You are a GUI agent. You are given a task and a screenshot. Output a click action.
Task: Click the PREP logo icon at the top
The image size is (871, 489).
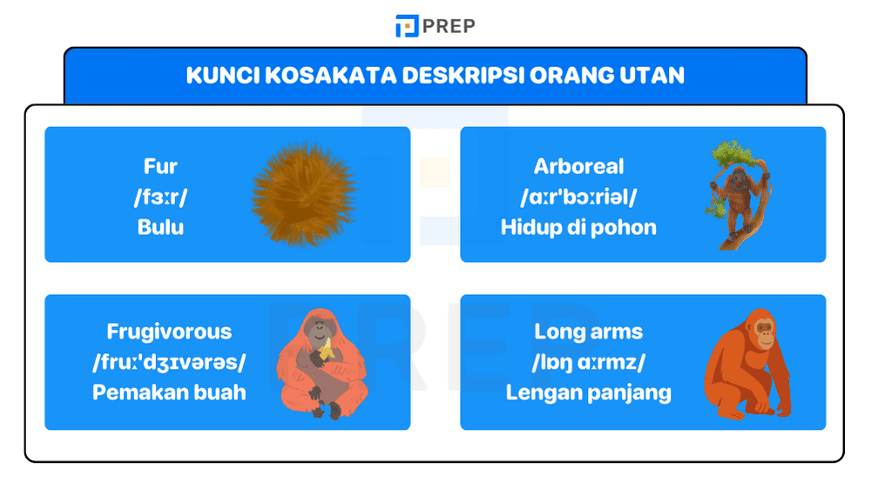click(407, 26)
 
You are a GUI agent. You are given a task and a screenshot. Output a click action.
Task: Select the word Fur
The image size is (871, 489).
click(160, 166)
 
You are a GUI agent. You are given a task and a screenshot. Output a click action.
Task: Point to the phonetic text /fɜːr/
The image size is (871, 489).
click(160, 197)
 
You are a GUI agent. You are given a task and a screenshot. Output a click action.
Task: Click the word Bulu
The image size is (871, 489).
click(160, 227)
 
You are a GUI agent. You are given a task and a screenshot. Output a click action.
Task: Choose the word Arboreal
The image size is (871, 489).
click(578, 166)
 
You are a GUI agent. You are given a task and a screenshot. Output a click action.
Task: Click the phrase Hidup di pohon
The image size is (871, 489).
click(578, 227)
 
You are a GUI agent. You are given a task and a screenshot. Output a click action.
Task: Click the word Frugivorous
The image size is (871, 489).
click(169, 332)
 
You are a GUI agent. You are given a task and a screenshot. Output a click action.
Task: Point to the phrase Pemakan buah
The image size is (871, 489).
click(169, 392)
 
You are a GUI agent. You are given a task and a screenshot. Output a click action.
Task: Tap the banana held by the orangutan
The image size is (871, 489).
click(326, 351)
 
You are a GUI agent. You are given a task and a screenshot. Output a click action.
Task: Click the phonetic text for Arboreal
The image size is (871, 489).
click(578, 197)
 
